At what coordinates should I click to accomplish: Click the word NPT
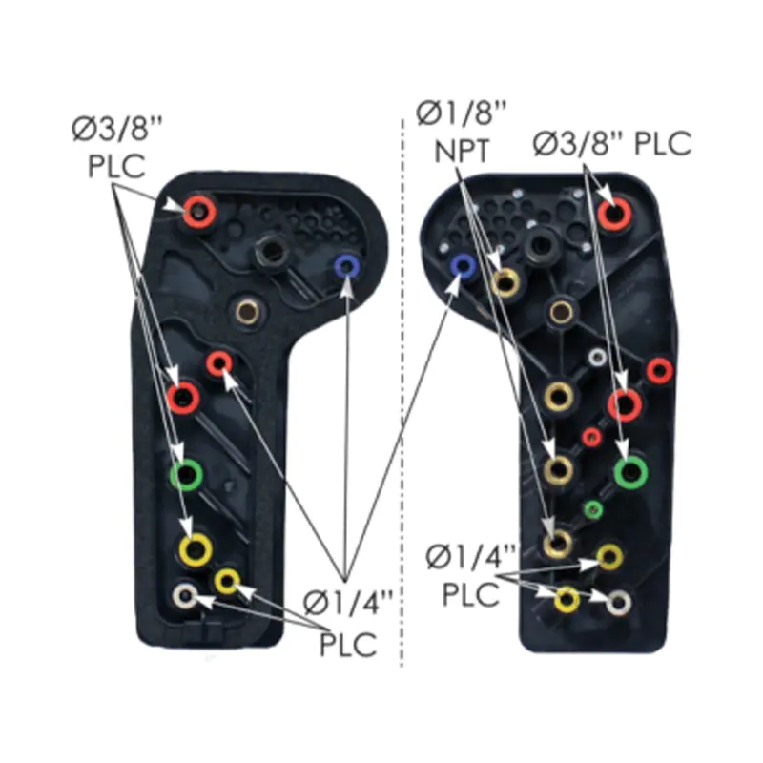coord(462,151)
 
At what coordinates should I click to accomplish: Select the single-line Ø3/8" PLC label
coord(612,143)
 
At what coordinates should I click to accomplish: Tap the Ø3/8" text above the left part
coord(116,129)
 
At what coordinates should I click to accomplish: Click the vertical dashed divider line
coord(402,392)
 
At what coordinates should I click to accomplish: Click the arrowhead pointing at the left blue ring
coord(346,287)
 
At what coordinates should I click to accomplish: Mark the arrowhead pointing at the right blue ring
coord(454,287)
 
